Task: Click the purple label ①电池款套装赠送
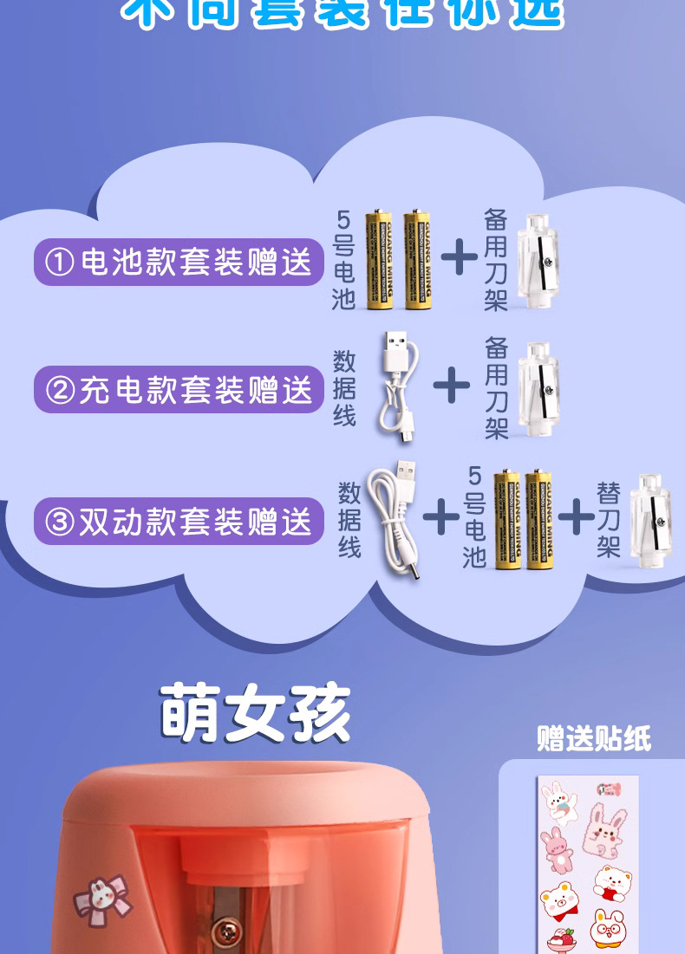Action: [x=179, y=262]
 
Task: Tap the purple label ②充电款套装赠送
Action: [x=179, y=390]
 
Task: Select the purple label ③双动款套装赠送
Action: [x=179, y=522]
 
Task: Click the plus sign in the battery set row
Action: [x=459, y=256]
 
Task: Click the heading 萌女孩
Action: [x=256, y=714]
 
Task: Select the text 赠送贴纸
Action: [x=594, y=738]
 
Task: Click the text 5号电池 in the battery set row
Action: [x=344, y=261]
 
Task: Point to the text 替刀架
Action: [x=608, y=520]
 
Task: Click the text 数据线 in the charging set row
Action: [x=344, y=387]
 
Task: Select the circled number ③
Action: [x=60, y=522]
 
